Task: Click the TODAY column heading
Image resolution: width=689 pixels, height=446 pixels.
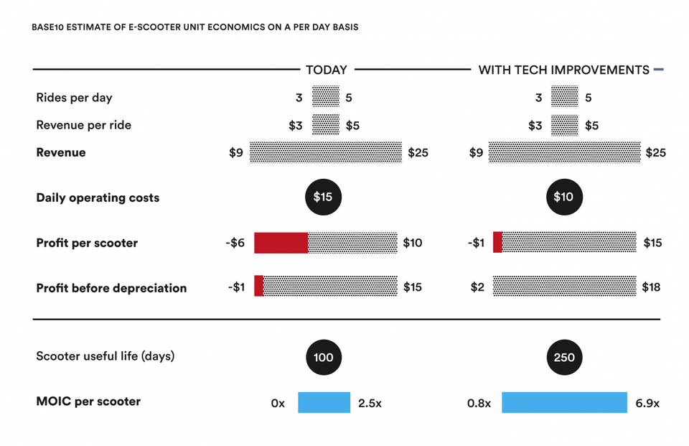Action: (x=327, y=70)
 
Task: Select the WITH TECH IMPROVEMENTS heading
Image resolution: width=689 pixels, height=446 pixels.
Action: (x=564, y=70)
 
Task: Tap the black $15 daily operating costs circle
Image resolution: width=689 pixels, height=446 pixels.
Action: (x=324, y=197)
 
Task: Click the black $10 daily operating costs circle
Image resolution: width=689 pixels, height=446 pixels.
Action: (x=564, y=197)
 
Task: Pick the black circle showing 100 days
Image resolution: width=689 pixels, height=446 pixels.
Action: (x=324, y=357)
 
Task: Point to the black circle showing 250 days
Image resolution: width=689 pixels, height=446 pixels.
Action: (x=564, y=357)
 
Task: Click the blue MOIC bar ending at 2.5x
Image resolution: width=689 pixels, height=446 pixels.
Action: (x=324, y=402)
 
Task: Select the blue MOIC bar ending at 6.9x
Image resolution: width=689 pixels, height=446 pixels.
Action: (x=565, y=402)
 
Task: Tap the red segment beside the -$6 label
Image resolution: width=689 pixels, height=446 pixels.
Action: (x=281, y=243)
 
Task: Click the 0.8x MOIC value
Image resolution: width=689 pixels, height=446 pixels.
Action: (x=479, y=404)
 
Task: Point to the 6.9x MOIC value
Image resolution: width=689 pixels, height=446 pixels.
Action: (x=647, y=404)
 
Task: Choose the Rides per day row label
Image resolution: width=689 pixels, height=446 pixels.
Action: (x=74, y=98)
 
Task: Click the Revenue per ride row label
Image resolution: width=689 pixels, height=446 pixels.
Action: (x=83, y=126)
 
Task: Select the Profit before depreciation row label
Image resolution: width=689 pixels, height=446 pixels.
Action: (x=111, y=288)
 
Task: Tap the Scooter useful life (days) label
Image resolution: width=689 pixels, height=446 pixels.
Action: (x=105, y=356)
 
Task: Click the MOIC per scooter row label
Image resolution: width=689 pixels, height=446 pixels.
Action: (x=88, y=401)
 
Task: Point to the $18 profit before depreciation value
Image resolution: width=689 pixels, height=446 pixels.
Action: (x=651, y=287)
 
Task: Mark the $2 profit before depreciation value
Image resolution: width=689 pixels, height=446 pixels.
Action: (x=477, y=287)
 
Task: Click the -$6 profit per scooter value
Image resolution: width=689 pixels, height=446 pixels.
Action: (x=235, y=243)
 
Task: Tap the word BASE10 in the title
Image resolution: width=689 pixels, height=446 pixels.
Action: (x=48, y=27)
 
